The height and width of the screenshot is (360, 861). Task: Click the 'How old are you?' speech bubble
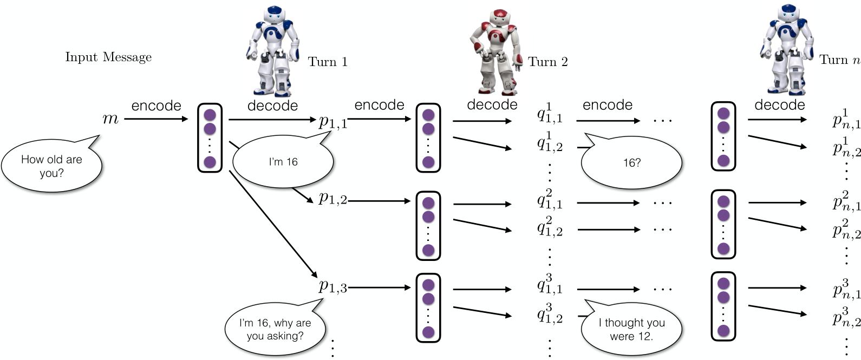coord(51,166)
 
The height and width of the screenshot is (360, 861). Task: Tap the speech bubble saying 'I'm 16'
coord(283,162)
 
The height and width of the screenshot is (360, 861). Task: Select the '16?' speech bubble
coord(631,162)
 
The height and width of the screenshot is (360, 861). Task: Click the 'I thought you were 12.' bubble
coord(631,329)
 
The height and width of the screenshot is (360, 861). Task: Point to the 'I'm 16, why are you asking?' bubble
coord(275,329)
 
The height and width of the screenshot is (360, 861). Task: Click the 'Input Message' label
coord(108,57)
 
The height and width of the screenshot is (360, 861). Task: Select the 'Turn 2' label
coord(548,62)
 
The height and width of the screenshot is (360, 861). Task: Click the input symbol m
coord(110,119)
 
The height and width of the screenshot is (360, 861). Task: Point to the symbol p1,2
coord(332,199)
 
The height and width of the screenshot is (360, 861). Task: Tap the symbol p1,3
coord(332,286)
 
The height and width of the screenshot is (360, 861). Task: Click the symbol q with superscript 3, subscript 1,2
coord(550,314)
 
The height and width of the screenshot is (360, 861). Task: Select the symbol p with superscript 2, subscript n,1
coord(846,201)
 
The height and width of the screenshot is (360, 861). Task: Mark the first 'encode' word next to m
coord(156,106)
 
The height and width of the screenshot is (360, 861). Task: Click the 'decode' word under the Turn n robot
coord(779,105)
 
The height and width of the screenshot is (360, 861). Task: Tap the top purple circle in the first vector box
coord(210,115)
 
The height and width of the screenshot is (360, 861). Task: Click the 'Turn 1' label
coord(328,62)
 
